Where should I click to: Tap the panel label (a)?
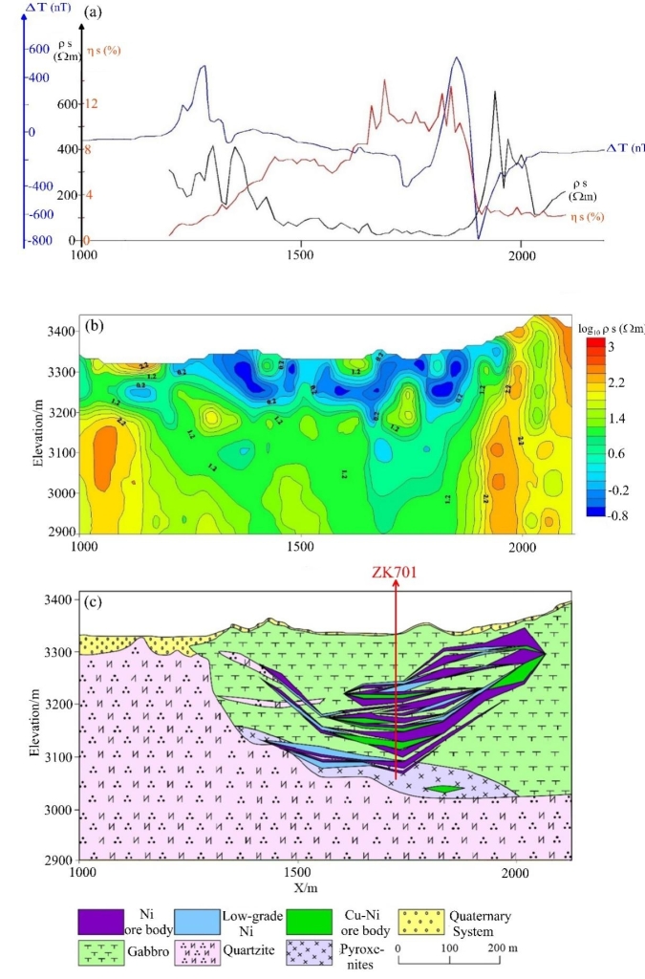click(x=93, y=11)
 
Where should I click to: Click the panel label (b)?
click(x=93, y=325)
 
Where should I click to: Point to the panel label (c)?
click(x=93, y=604)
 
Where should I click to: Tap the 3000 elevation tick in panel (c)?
click(x=57, y=810)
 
